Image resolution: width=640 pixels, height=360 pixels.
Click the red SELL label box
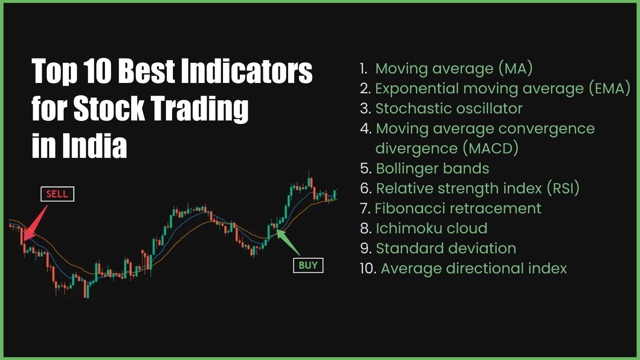(x=58, y=194)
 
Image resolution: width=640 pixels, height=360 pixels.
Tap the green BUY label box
(x=308, y=265)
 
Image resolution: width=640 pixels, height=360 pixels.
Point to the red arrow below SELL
(x=35, y=223)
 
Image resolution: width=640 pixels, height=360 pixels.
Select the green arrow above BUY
(x=288, y=242)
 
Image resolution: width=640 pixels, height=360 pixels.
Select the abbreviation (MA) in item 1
(x=515, y=68)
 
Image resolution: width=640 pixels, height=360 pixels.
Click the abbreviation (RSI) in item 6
(x=563, y=188)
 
